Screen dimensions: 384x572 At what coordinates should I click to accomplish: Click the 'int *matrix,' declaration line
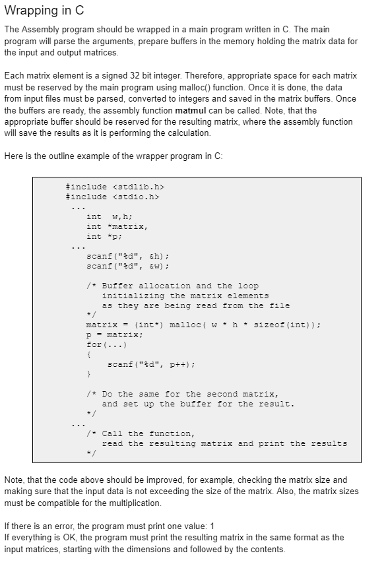[117, 226]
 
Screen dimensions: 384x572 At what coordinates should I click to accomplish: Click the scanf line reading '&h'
[128, 256]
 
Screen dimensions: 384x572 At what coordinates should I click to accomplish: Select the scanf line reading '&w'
[128, 266]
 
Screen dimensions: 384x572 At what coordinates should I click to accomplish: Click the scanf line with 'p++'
[150, 365]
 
